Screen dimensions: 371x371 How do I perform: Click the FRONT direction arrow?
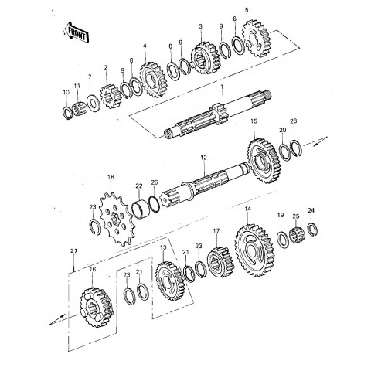pyautogui.click(x=77, y=32)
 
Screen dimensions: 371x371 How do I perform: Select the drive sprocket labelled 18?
pyautogui.click(x=117, y=220)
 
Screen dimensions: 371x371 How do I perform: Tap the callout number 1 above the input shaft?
pyautogui.click(x=222, y=87)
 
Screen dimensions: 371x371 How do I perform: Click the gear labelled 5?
pyautogui.click(x=256, y=39)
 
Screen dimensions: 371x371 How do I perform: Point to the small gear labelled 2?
pyautogui.click(x=111, y=97)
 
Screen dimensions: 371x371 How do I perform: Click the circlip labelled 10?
pyautogui.click(x=68, y=114)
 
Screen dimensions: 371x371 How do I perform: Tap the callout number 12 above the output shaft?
pyautogui.click(x=203, y=158)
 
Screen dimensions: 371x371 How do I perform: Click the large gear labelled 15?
pyautogui.click(x=264, y=161)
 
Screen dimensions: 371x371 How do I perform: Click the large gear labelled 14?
pyautogui.click(x=254, y=250)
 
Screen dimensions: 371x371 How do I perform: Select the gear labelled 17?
pyautogui.click(x=221, y=262)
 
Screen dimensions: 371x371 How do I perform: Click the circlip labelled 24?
pyautogui.click(x=313, y=229)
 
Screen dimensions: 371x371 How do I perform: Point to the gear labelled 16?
pyautogui.click(x=97, y=307)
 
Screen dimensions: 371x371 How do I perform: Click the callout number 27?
pyautogui.click(x=74, y=251)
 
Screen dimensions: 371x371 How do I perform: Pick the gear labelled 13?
pyautogui.click(x=170, y=281)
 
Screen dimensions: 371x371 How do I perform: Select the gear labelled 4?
pyautogui.click(x=154, y=80)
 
